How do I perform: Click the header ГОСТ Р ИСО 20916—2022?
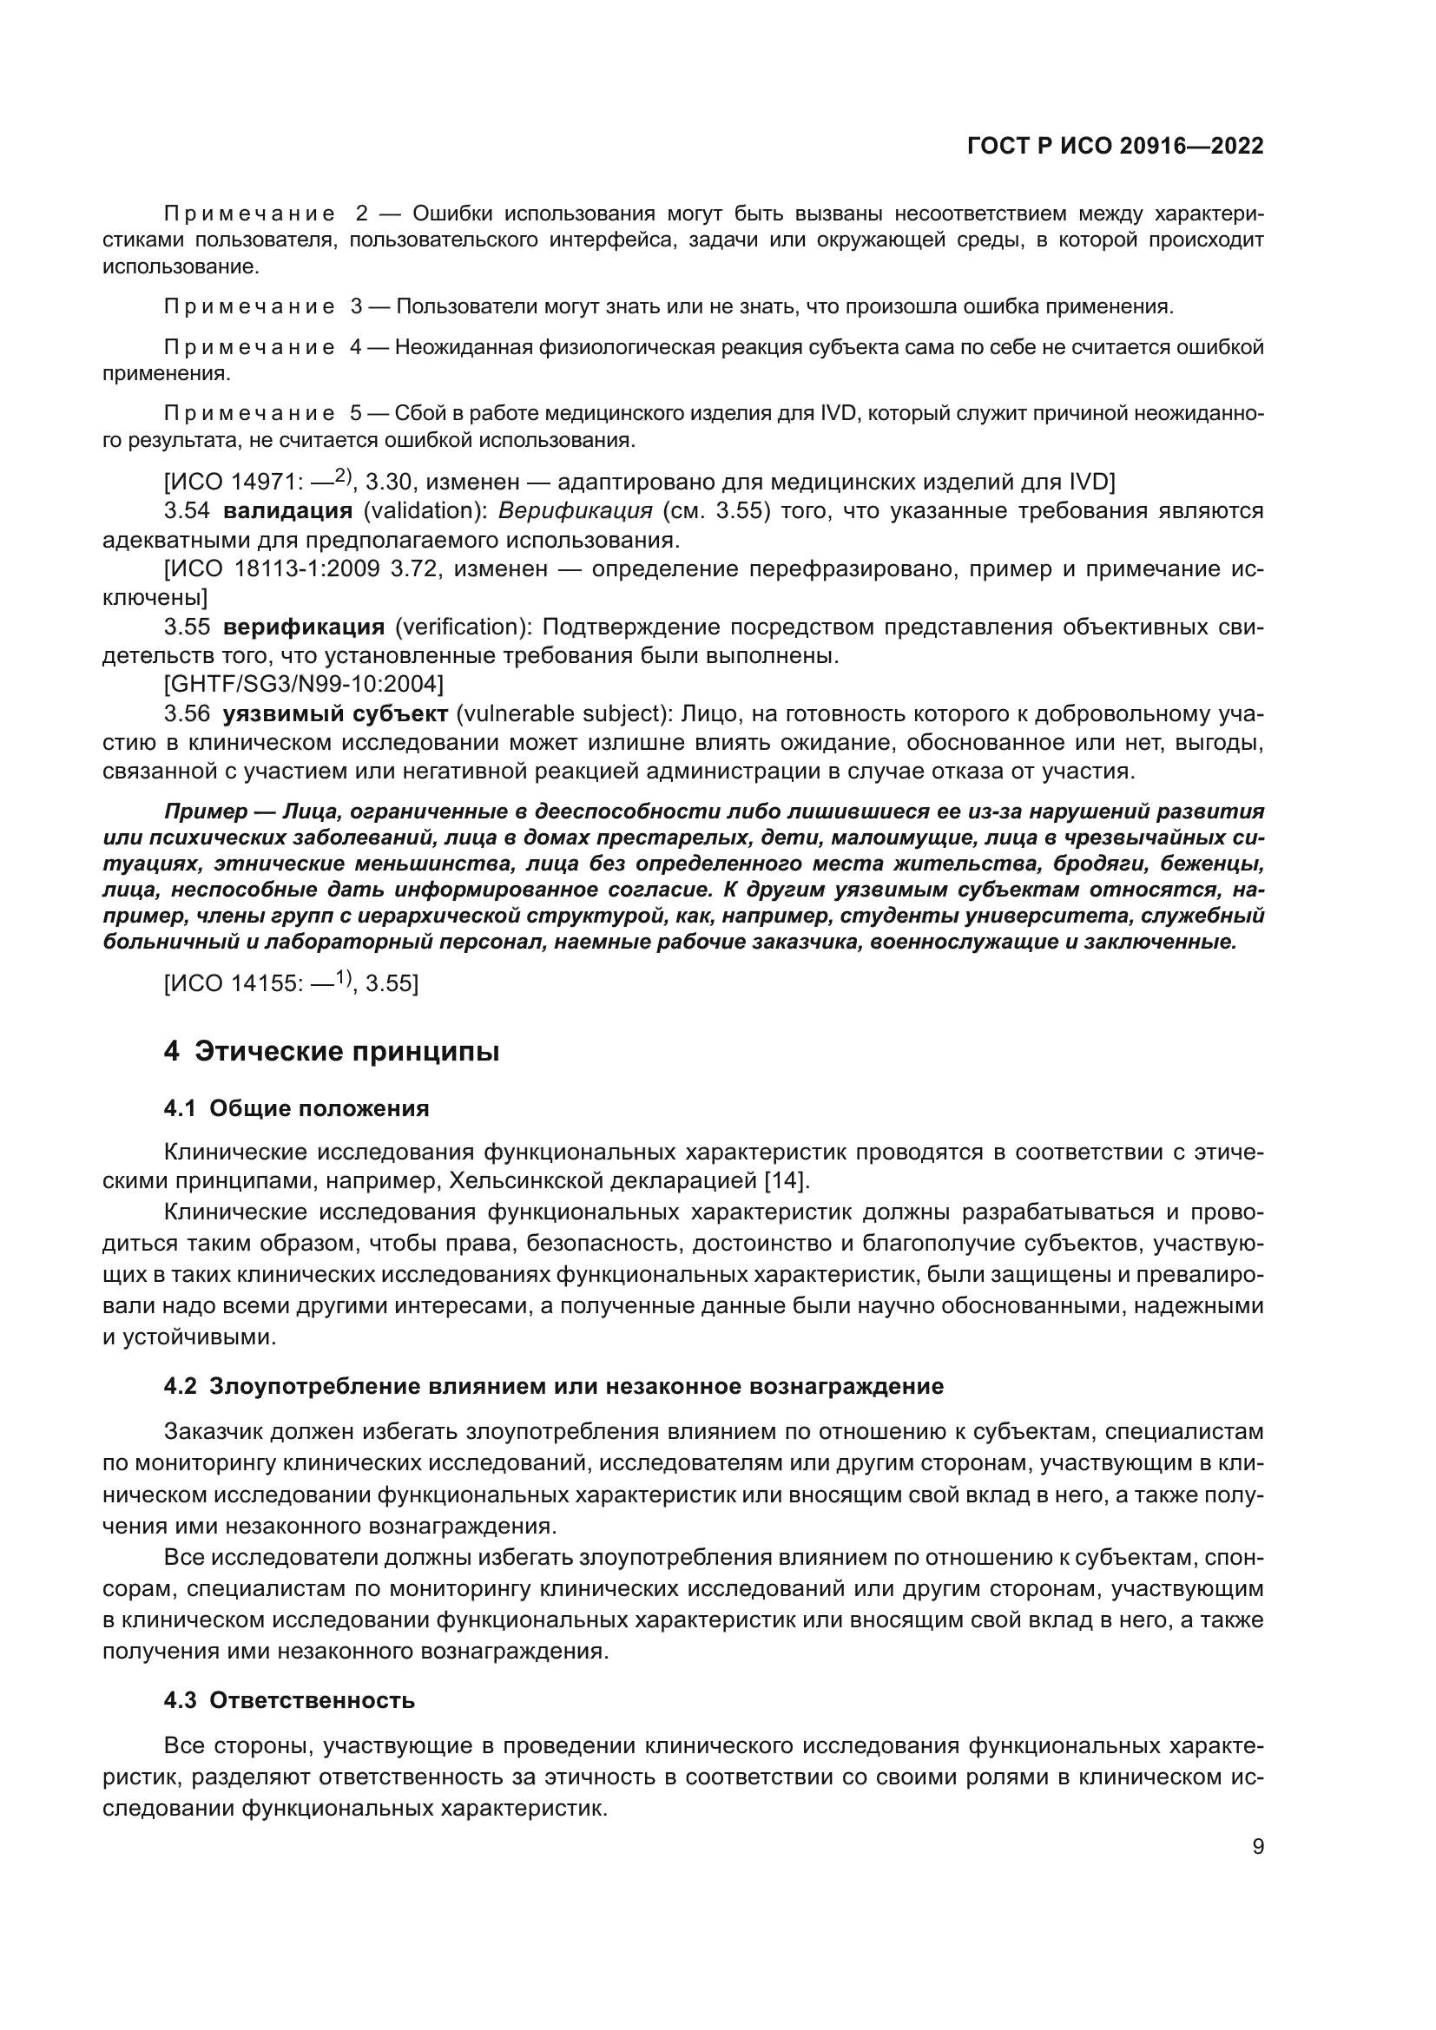[1115, 147]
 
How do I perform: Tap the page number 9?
[1258, 1846]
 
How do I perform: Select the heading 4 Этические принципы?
[332, 1051]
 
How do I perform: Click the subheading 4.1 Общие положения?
[296, 1108]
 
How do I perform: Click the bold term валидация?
[287, 510]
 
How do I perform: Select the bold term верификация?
[303, 627]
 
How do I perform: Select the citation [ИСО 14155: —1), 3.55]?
[291, 982]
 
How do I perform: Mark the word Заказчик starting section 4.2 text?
[216, 1430]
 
